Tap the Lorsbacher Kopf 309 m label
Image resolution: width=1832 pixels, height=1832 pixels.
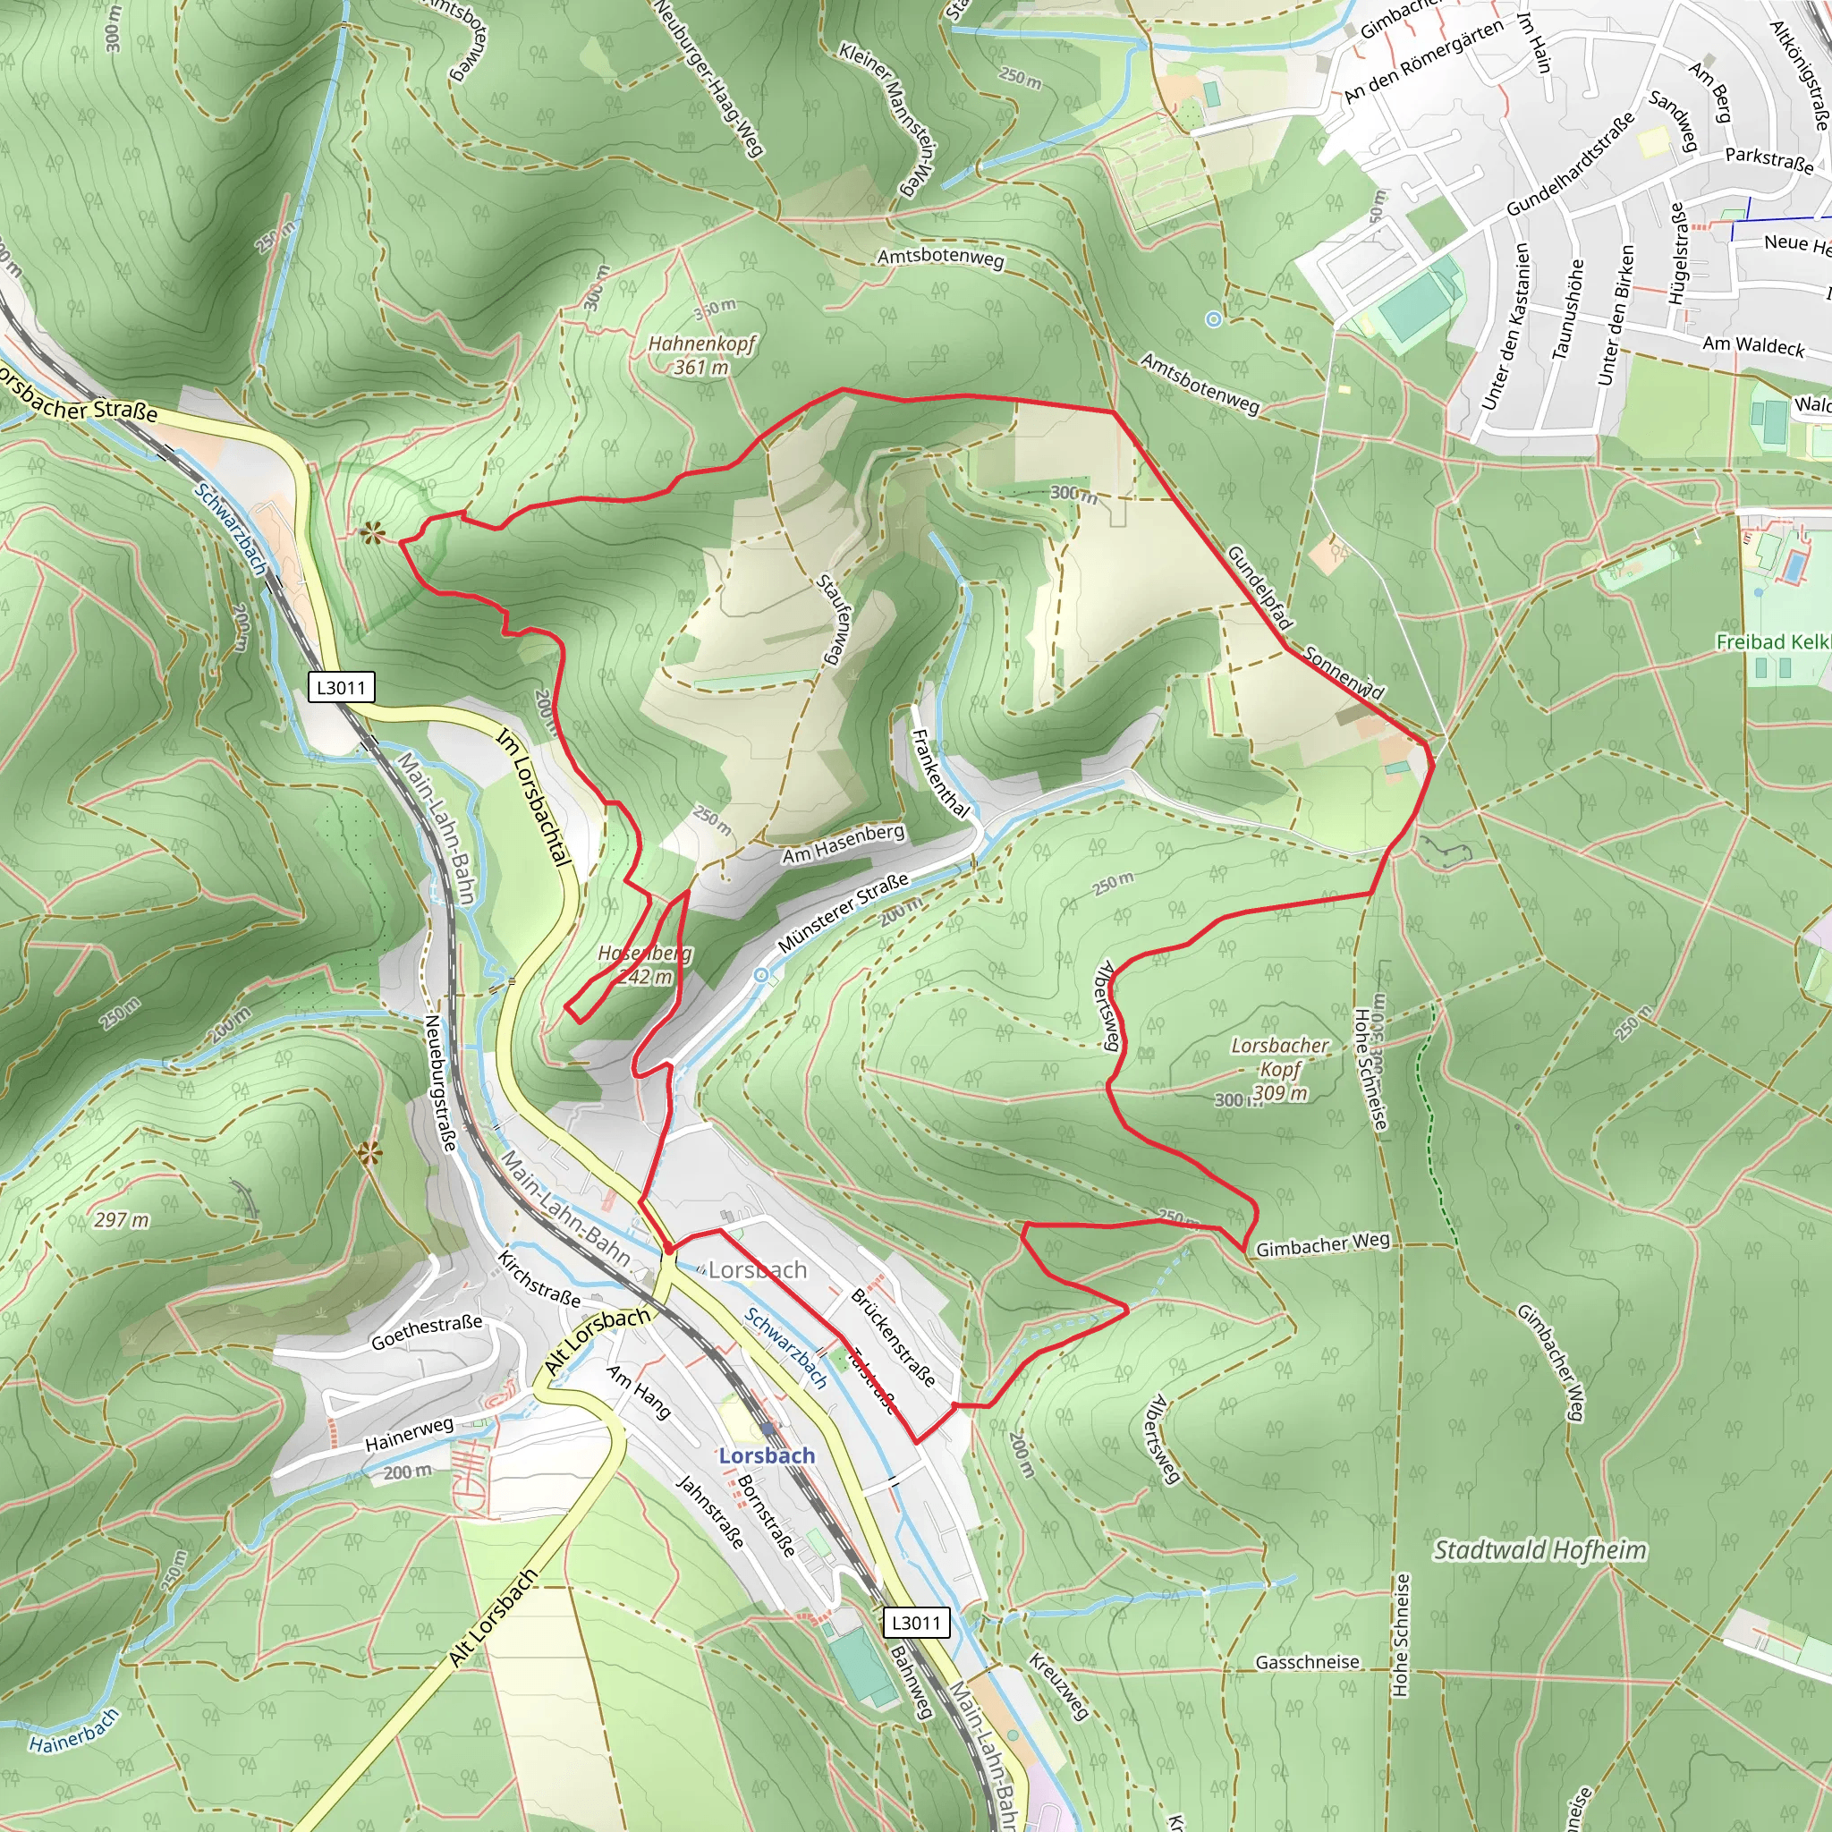1279,1069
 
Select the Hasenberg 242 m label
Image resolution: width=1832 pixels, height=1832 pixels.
645,964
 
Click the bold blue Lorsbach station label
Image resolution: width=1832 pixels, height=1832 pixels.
767,1455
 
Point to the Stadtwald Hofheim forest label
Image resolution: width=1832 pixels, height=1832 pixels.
1540,1549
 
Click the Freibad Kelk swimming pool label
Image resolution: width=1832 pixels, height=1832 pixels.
1771,642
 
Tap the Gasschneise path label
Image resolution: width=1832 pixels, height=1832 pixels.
1307,1662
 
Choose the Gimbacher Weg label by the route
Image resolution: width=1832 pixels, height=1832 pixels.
1323,1244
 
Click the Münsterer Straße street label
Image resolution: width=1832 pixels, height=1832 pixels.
843,912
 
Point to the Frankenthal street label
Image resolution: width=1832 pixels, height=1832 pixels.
940,773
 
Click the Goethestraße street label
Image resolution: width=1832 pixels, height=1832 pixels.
427,1331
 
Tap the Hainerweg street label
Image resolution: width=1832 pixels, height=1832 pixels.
410,1435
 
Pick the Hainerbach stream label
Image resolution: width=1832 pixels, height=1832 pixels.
74,1731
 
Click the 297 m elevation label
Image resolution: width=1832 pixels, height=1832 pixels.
122,1219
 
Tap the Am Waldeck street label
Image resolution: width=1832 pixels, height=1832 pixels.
1753,345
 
